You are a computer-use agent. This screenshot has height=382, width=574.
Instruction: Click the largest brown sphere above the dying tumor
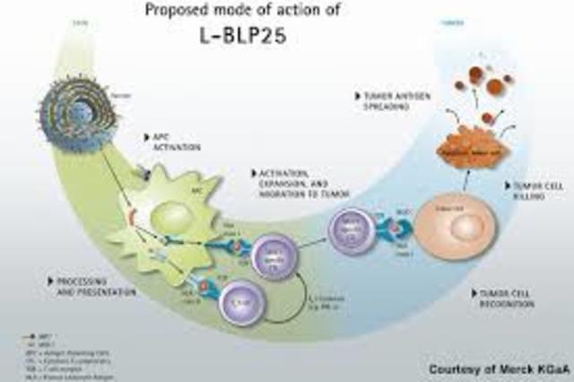[x=494, y=86]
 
